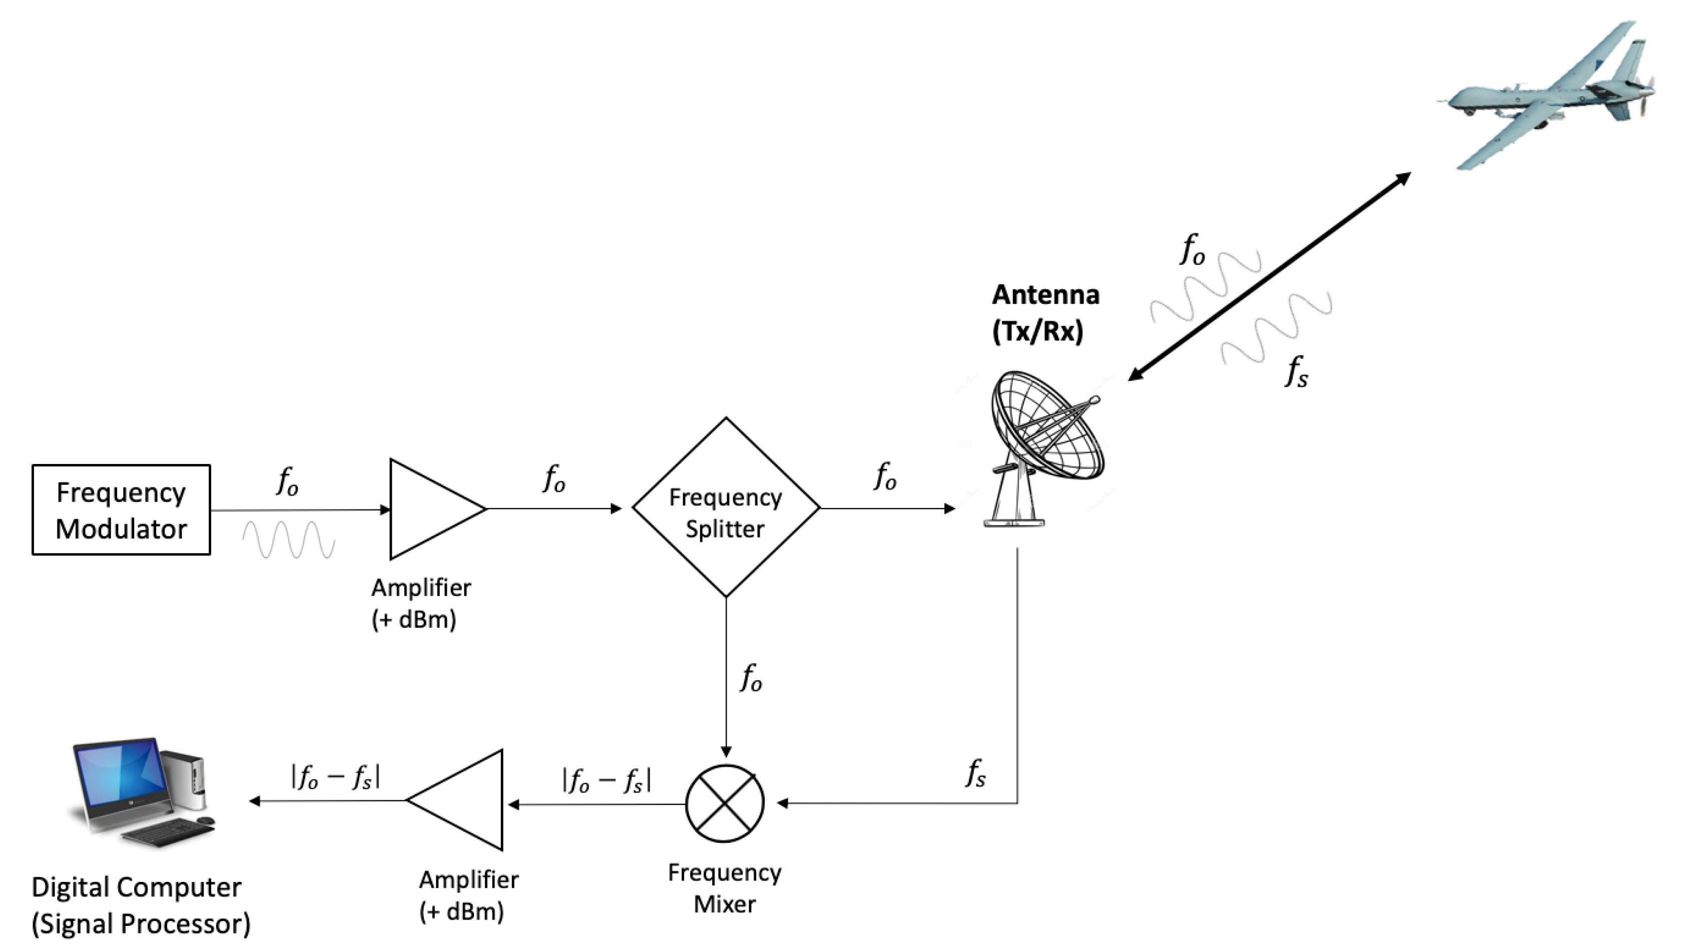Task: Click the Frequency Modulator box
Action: pos(121,510)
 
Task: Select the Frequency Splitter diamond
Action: pos(725,507)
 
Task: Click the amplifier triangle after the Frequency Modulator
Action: pos(429,509)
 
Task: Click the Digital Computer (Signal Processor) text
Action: pos(141,905)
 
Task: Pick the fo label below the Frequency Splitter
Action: pos(751,678)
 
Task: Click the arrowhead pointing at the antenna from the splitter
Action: pos(950,509)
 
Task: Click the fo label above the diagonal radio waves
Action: pos(1193,250)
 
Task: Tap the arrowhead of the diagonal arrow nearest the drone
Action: pos(1403,178)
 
